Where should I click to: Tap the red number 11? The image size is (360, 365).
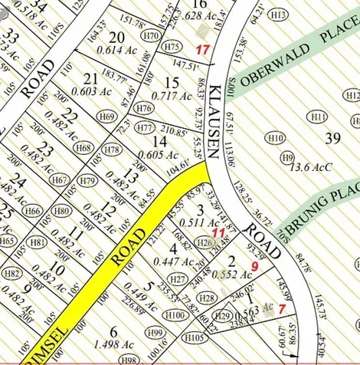click(x=218, y=232)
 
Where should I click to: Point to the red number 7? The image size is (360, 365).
click(x=282, y=307)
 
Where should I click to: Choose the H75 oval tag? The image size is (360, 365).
click(x=174, y=47)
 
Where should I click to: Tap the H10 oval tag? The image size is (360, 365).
click(x=275, y=137)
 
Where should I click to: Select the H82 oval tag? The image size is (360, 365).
click(x=11, y=273)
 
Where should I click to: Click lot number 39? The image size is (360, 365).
click(x=332, y=137)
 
